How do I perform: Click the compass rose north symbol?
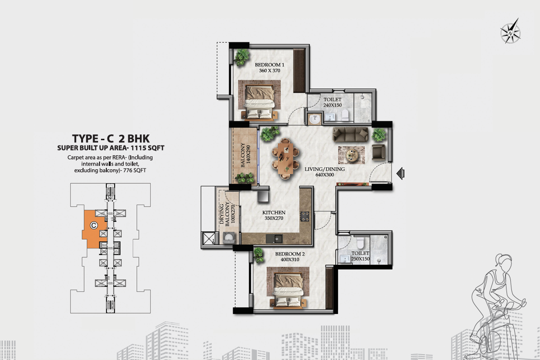(510, 32)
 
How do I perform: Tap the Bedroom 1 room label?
(270, 65)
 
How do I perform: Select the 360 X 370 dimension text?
(270, 70)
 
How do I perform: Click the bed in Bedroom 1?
(259, 100)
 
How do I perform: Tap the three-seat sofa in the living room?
(351, 134)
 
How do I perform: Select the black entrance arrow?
(400, 173)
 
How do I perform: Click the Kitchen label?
(274, 213)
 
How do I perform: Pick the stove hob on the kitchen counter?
(305, 216)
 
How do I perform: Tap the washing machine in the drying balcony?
(229, 238)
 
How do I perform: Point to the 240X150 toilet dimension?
(332, 105)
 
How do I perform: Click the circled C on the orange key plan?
(93, 226)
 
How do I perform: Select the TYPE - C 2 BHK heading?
(111, 138)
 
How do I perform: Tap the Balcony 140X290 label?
(245, 155)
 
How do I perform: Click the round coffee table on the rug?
(352, 154)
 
